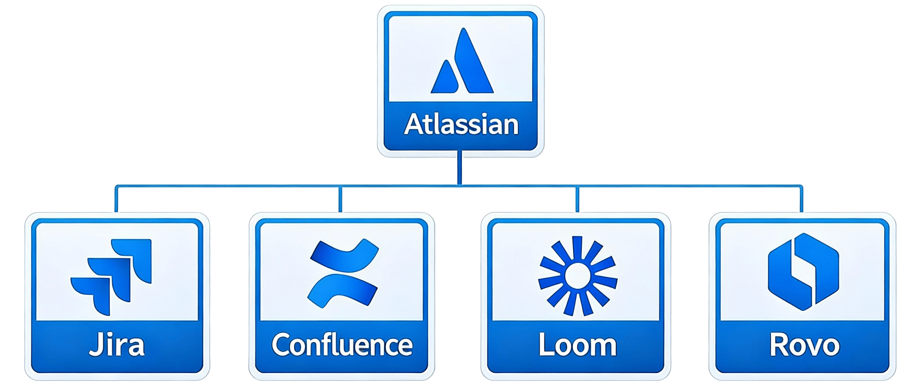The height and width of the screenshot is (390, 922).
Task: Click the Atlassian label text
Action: [461, 124]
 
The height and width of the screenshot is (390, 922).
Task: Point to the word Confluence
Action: [342, 344]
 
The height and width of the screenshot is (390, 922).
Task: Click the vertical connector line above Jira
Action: [116, 199]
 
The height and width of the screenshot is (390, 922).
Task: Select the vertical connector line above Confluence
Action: [340, 199]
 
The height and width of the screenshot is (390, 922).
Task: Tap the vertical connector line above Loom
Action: [577, 199]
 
